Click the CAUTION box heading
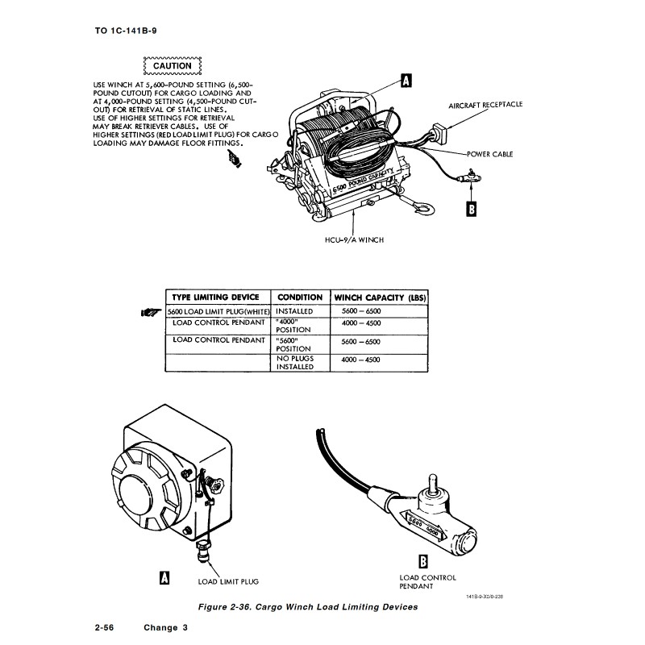coord(171,66)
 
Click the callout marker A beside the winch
coord(407,80)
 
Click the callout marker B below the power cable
coord(472,208)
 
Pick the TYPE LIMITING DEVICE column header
coord(216,298)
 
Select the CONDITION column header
coord(300,298)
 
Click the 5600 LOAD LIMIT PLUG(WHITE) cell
coord(216,311)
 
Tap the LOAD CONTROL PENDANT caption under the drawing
coord(427,581)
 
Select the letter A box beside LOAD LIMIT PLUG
coord(165,577)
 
